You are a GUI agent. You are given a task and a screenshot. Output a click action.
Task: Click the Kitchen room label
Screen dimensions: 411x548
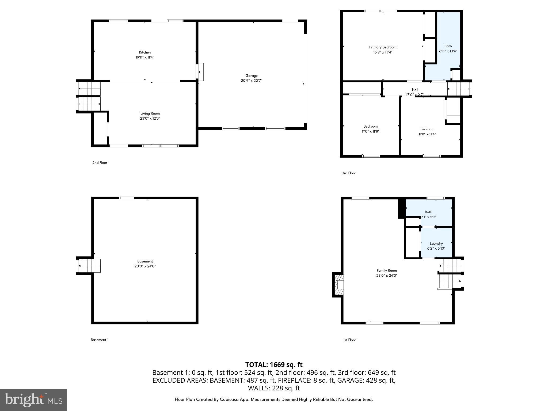click(x=145, y=52)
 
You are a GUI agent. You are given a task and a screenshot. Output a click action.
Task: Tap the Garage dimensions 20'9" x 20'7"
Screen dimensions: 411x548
click(x=251, y=81)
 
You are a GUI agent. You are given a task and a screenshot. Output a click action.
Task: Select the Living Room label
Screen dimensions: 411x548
click(x=150, y=113)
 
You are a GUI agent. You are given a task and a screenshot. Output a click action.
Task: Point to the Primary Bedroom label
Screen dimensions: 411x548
click(x=383, y=47)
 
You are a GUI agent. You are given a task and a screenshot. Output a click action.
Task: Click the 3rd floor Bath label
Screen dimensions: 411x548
click(x=448, y=46)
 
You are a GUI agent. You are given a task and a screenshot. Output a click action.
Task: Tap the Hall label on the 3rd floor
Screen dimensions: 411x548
click(x=415, y=90)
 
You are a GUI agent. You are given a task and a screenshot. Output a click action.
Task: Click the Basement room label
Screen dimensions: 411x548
click(x=145, y=261)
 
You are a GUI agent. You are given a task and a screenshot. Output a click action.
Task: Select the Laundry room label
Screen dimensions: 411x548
click(x=436, y=243)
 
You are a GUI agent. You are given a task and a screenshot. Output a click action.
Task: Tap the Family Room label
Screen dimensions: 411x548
click(x=387, y=271)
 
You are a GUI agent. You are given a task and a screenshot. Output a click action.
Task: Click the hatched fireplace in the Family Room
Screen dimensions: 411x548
click(x=338, y=285)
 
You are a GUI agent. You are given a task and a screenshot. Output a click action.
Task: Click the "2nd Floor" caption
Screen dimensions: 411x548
click(x=100, y=163)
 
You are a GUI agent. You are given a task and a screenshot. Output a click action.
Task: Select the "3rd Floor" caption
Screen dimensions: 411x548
click(x=349, y=173)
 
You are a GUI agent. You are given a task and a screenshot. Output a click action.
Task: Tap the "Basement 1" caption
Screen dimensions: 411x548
click(x=100, y=340)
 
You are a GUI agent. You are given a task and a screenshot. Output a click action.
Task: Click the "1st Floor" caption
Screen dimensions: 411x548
click(x=349, y=340)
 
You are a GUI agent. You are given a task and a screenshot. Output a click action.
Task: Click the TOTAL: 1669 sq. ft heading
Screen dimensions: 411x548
click(x=274, y=365)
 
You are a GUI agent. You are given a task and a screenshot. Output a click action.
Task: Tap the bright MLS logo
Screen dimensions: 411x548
click(x=33, y=400)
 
